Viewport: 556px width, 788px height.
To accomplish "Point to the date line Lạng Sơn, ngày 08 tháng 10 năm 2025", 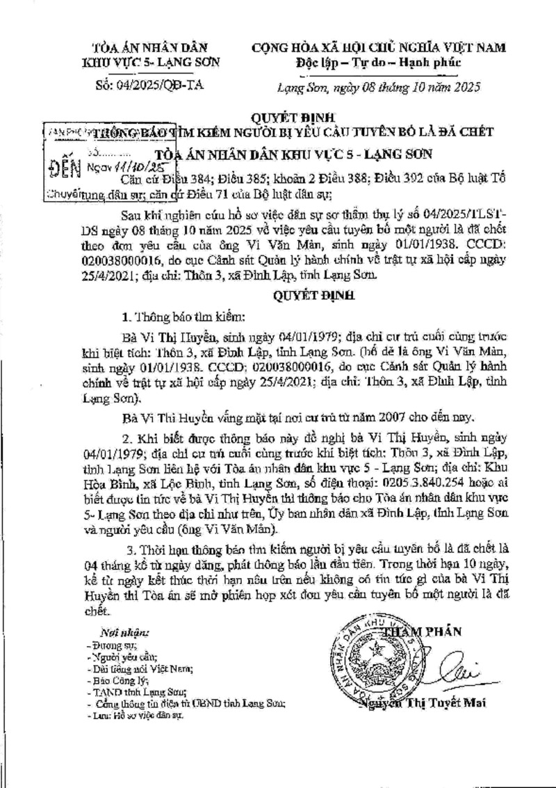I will point(379,88).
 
